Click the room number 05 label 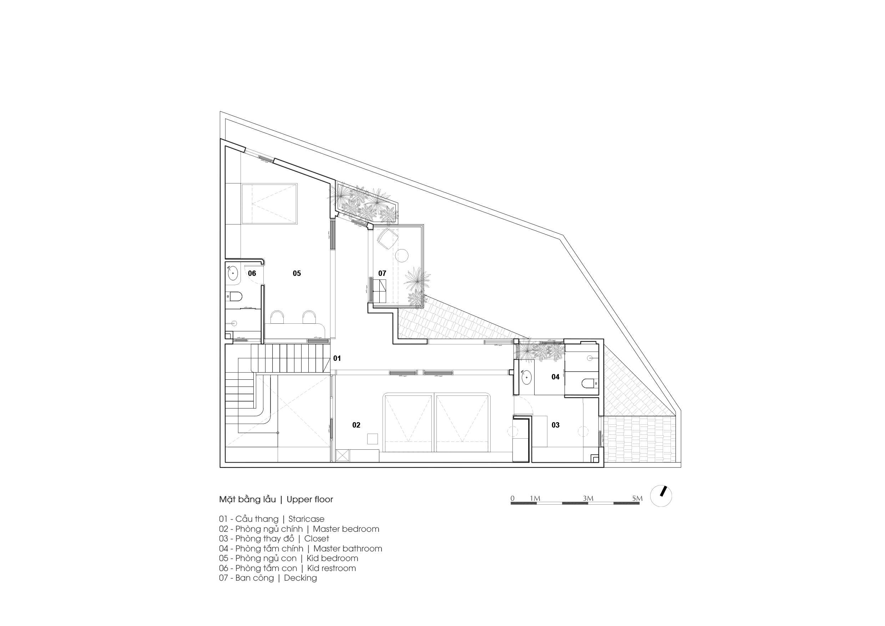[297, 273]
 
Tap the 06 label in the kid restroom [252, 273]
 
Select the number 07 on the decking [382, 273]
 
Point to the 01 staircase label [337, 358]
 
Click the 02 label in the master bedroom [356, 425]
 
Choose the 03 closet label [555, 425]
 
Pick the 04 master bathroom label [555, 377]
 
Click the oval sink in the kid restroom [233, 273]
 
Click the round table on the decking [402, 255]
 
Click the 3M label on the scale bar [588, 499]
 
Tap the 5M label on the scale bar [637, 499]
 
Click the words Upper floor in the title [309, 500]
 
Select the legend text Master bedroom [346, 529]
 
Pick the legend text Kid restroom [331, 568]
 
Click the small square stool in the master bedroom [372, 439]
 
